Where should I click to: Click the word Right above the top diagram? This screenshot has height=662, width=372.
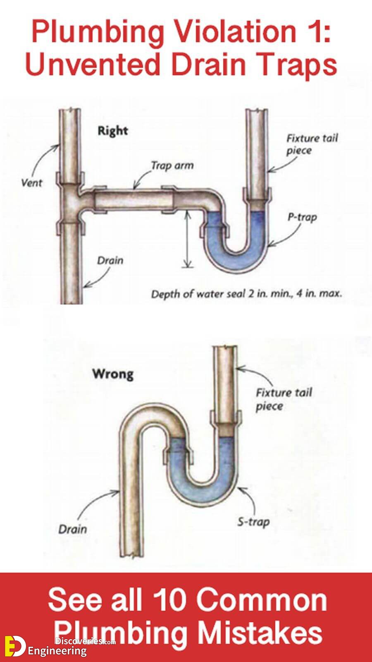pyautogui.click(x=113, y=131)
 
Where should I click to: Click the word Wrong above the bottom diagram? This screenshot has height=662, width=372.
pyautogui.click(x=113, y=374)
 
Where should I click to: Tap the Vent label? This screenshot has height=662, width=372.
pyautogui.click(x=31, y=182)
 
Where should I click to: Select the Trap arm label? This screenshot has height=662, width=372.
pyautogui.click(x=172, y=165)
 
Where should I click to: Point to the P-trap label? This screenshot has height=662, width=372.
pyautogui.click(x=302, y=218)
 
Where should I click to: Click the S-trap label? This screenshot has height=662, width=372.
pyautogui.click(x=254, y=522)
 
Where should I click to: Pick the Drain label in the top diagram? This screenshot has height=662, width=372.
pyautogui.click(x=110, y=261)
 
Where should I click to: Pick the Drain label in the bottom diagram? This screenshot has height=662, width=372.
pyautogui.click(x=73, y=529)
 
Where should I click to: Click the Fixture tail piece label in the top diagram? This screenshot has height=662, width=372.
pyautogui.click(x=312, y=144)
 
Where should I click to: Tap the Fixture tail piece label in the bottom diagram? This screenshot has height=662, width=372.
pyautogui.click(x=284, y=399)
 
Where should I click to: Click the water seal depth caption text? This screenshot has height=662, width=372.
pyautogui.click(x=246, y=294)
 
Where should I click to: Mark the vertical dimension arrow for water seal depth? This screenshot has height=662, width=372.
pyautogui.click(x=186, y=239)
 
